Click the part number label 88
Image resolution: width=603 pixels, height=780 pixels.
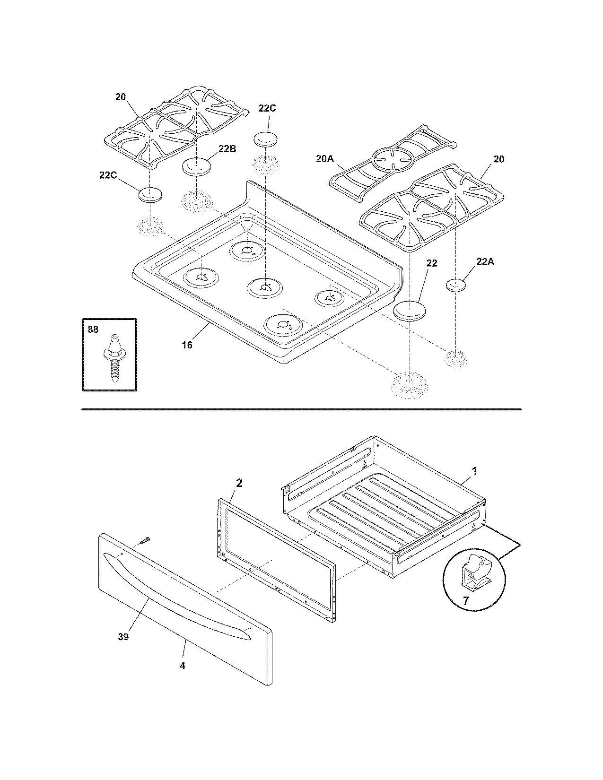[93, 329]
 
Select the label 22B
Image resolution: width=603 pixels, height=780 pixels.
[227, 148]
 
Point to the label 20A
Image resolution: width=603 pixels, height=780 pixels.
[325, 159]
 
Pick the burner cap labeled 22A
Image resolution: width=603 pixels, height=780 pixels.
[456, 286]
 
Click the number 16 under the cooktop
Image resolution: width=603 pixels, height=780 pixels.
[187, 345]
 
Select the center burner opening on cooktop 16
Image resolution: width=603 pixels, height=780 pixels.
[265, 286]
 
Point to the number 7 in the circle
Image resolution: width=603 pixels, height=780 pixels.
[465, 601]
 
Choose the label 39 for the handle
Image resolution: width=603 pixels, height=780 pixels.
[123, 637]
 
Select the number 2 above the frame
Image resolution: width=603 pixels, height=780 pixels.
[239, 483]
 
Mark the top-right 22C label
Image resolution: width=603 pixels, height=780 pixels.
[267, 108]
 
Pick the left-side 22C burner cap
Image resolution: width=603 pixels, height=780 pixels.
[150, 194]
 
